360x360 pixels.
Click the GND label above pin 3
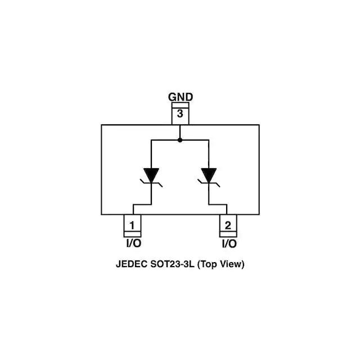coord(180,97)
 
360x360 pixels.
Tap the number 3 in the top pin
coord(180,114)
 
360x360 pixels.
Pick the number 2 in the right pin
coord(228,226)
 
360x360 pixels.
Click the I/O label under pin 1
coord(132,244)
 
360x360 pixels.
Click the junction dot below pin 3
coord(180,139)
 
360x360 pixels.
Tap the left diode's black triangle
coord(151,174)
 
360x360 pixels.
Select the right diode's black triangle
coord(209,174)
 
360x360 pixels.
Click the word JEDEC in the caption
coord(130,264)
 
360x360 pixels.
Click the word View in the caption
coord(233,264)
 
